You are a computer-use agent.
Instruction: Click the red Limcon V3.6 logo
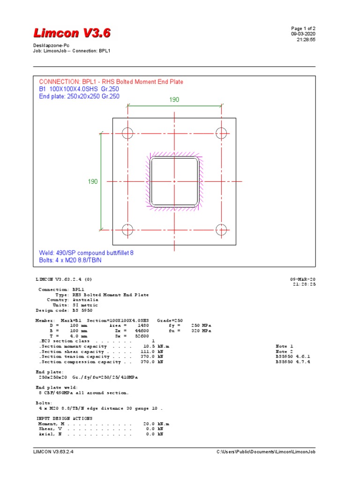(x=72, y=33)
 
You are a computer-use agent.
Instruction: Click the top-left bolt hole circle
(x=127, y=133)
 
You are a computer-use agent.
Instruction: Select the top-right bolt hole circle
(x=221, y=133)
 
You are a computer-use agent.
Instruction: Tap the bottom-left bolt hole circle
(x=127, y=230)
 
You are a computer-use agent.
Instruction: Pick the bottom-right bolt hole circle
(x=221, y=230)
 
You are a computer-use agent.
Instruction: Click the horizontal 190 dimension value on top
(x=174, y=100)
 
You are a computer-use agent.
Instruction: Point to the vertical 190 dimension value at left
(x=93, y=181)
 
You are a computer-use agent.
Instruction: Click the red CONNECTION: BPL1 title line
(x=111, y=82)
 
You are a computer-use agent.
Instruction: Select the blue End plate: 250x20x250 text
(x=79, y=97)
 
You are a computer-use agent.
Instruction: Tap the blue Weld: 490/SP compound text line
(x=86, y=253)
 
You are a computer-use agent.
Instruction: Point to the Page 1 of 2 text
(x=307, y=29)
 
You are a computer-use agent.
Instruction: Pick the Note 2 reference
(x=284, y=352)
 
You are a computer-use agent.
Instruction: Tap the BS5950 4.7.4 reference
(x=293, y=362)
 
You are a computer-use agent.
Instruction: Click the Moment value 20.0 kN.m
(x=153, y=424)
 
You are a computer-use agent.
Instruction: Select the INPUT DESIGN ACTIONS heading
(x=64, y=418)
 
